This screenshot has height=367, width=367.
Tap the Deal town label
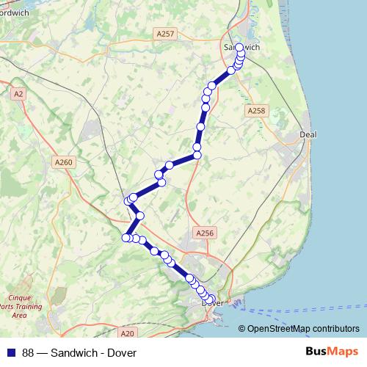(308, 135)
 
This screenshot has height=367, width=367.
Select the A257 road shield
(164, 34)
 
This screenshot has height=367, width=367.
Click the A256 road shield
(205, 233)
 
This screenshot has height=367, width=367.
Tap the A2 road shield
(18, 94)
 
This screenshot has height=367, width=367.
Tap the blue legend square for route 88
(10, 353)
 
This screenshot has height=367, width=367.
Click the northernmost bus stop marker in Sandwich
(239, 47)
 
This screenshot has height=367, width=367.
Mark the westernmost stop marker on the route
(126, 237)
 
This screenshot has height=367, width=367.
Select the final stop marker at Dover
(213, 299)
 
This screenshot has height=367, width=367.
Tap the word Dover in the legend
(122, 353)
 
